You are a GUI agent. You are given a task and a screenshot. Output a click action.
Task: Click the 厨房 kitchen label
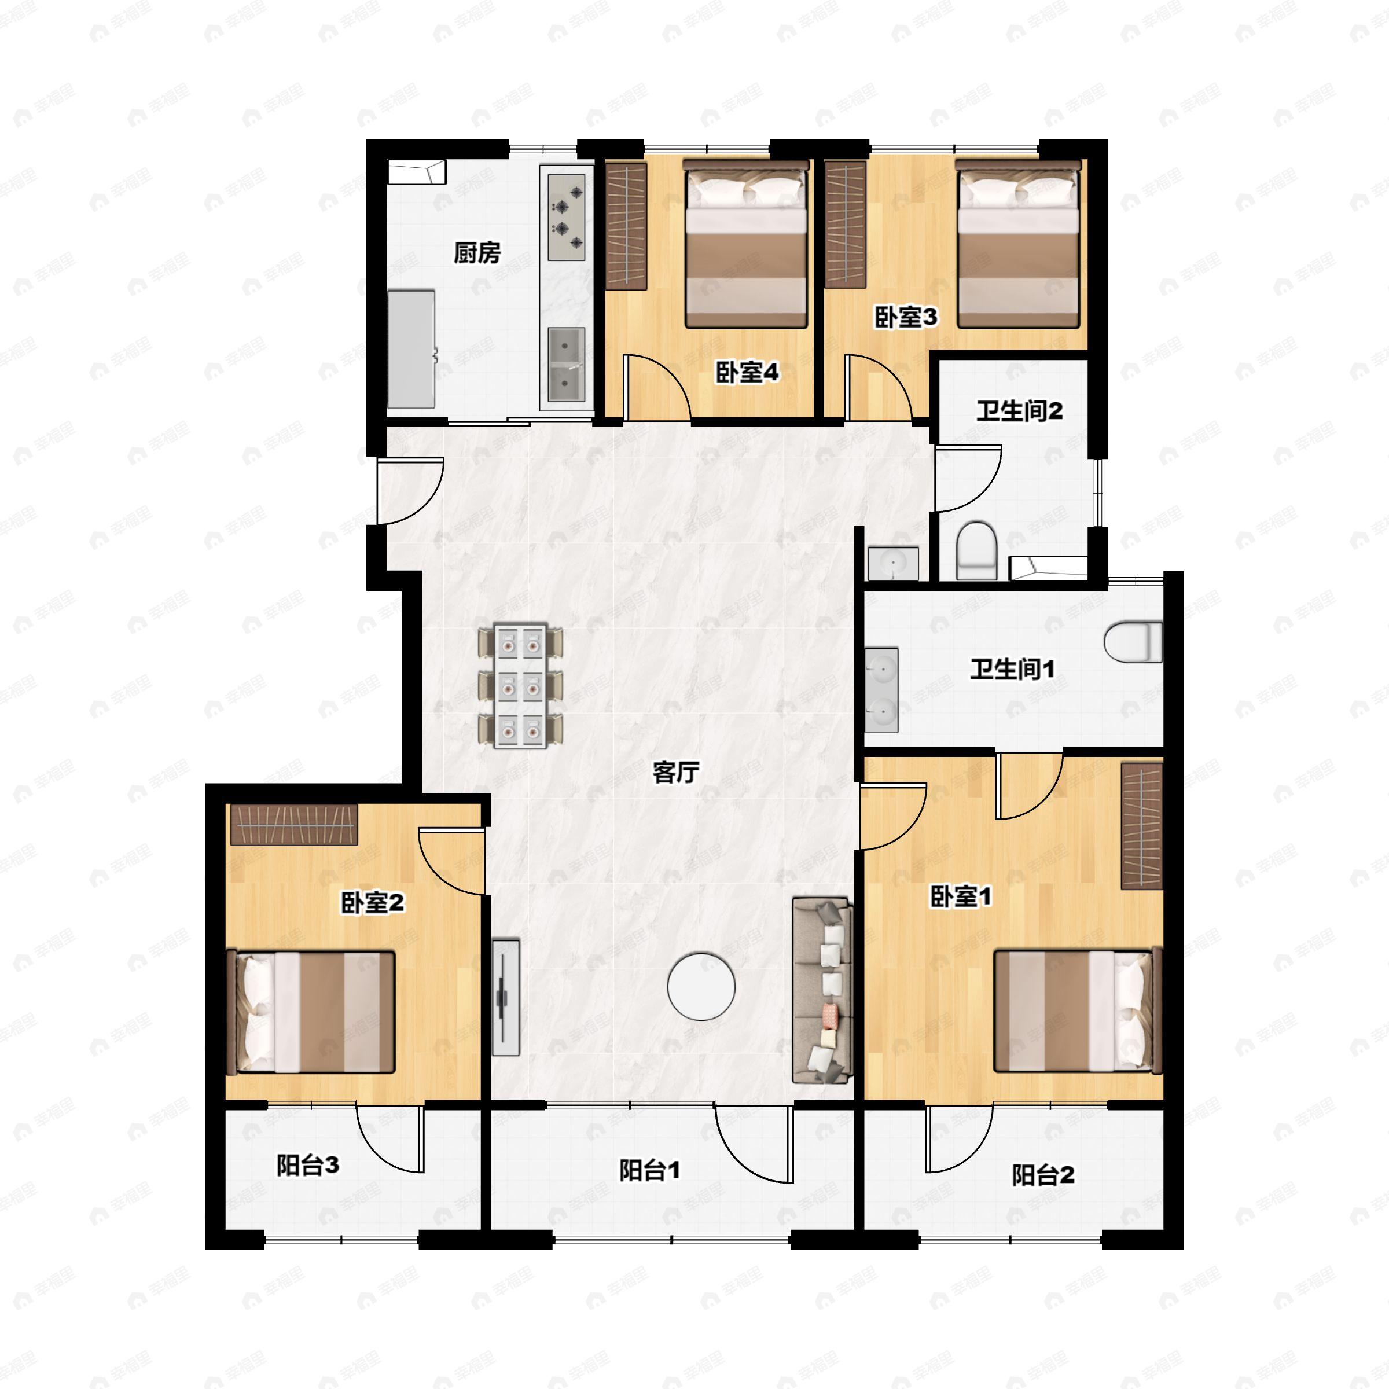click(477, 253)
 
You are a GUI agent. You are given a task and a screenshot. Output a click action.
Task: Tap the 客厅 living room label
click(676, 772)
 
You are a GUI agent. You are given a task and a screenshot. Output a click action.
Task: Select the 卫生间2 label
click(1019, 411)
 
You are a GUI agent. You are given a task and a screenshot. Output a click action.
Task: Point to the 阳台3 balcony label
click(308, 1166)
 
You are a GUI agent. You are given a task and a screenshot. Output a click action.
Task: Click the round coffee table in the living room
click(701, 986)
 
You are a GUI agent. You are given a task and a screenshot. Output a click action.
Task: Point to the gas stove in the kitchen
click(567, 217)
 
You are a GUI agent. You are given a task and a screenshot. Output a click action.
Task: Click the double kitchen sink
click(567, 365)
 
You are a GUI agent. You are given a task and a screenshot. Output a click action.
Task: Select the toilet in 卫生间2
click(977, 551)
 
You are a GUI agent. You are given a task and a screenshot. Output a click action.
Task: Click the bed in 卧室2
click(311, 1012)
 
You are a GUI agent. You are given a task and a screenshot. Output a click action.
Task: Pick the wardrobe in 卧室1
click(1142, 826)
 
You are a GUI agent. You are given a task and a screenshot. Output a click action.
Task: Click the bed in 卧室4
click(745, 244)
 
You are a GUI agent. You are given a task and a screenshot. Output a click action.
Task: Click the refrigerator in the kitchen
click(411, 350)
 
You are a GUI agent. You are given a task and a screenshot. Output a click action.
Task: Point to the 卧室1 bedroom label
click(961, 896)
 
